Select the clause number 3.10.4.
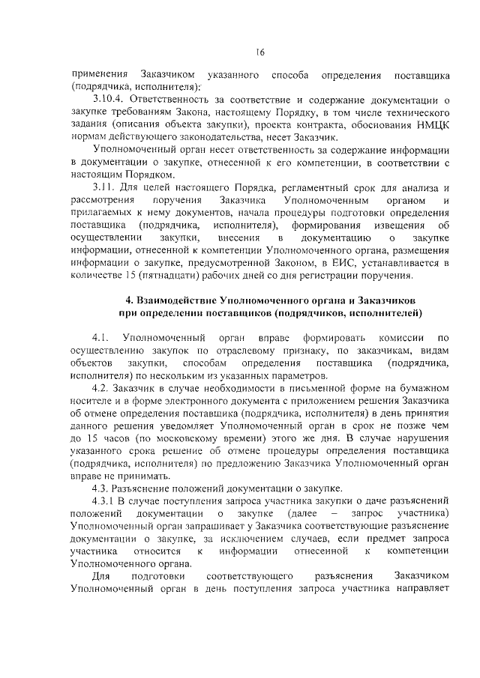click(x=109, y=99)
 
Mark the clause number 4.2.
click(x=101, y=388)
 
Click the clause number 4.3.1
click(x=104, y=501)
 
